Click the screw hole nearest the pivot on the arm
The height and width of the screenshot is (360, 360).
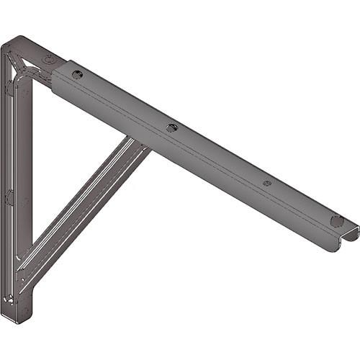click(x=78, y=73)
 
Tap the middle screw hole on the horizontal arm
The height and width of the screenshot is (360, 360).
click(x=171, y=127)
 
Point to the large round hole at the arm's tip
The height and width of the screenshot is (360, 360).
click(x=335, y=220)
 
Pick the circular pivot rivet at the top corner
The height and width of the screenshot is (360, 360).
click(x=48, y=60)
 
